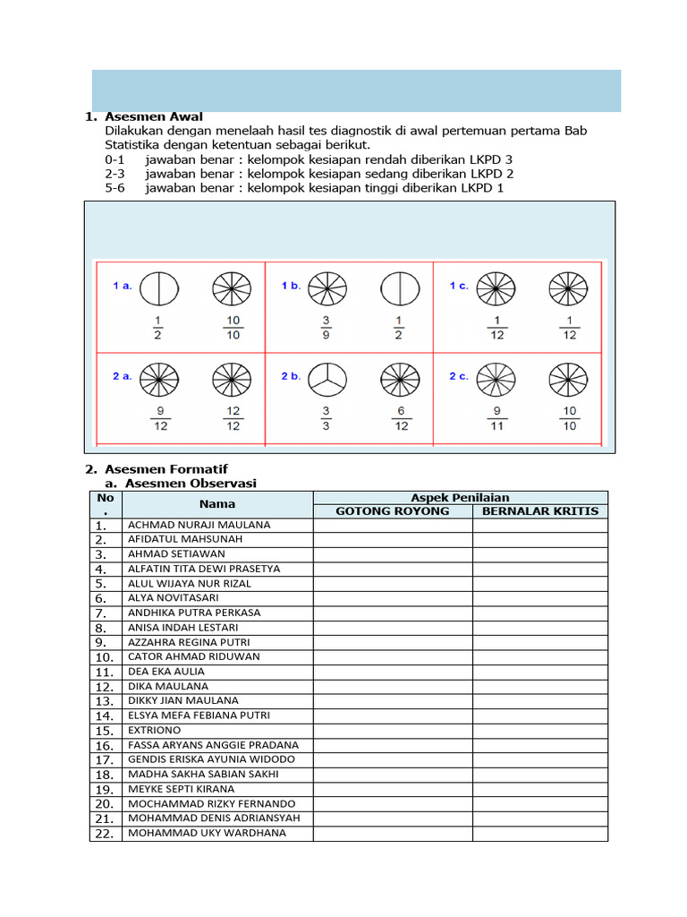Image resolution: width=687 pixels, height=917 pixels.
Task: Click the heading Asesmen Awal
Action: click(x=153, y=116)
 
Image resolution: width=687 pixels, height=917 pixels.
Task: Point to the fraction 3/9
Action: click(x=326, y=328)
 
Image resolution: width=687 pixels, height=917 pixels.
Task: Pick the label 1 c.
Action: click(x=459, y=286)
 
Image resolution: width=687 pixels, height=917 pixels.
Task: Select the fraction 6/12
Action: click(x=402, y=419)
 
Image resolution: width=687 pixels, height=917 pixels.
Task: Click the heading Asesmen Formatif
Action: click(x=165, y=469)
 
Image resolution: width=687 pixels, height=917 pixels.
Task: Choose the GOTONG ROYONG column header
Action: click(x=392, y=511)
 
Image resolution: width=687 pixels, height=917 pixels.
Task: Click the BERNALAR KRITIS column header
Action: click(x=540, y=511)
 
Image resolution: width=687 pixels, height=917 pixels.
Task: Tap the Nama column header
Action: click(x=216, y=504)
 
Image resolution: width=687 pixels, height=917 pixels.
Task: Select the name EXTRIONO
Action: click(x=155, y=730)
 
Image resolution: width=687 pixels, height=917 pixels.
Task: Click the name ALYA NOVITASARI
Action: click(x=174, y=597)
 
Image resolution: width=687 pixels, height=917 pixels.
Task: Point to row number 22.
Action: click(x=105, y=834)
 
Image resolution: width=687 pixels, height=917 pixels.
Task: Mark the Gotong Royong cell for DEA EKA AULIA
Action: click(x=392, y=672)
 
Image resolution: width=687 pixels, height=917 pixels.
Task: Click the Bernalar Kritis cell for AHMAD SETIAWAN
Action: click(x=540, y=554)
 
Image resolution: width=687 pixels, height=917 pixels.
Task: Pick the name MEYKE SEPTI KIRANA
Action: click(x=182, y=789)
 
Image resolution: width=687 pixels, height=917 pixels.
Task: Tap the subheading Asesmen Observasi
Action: click(x=191, y=484)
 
